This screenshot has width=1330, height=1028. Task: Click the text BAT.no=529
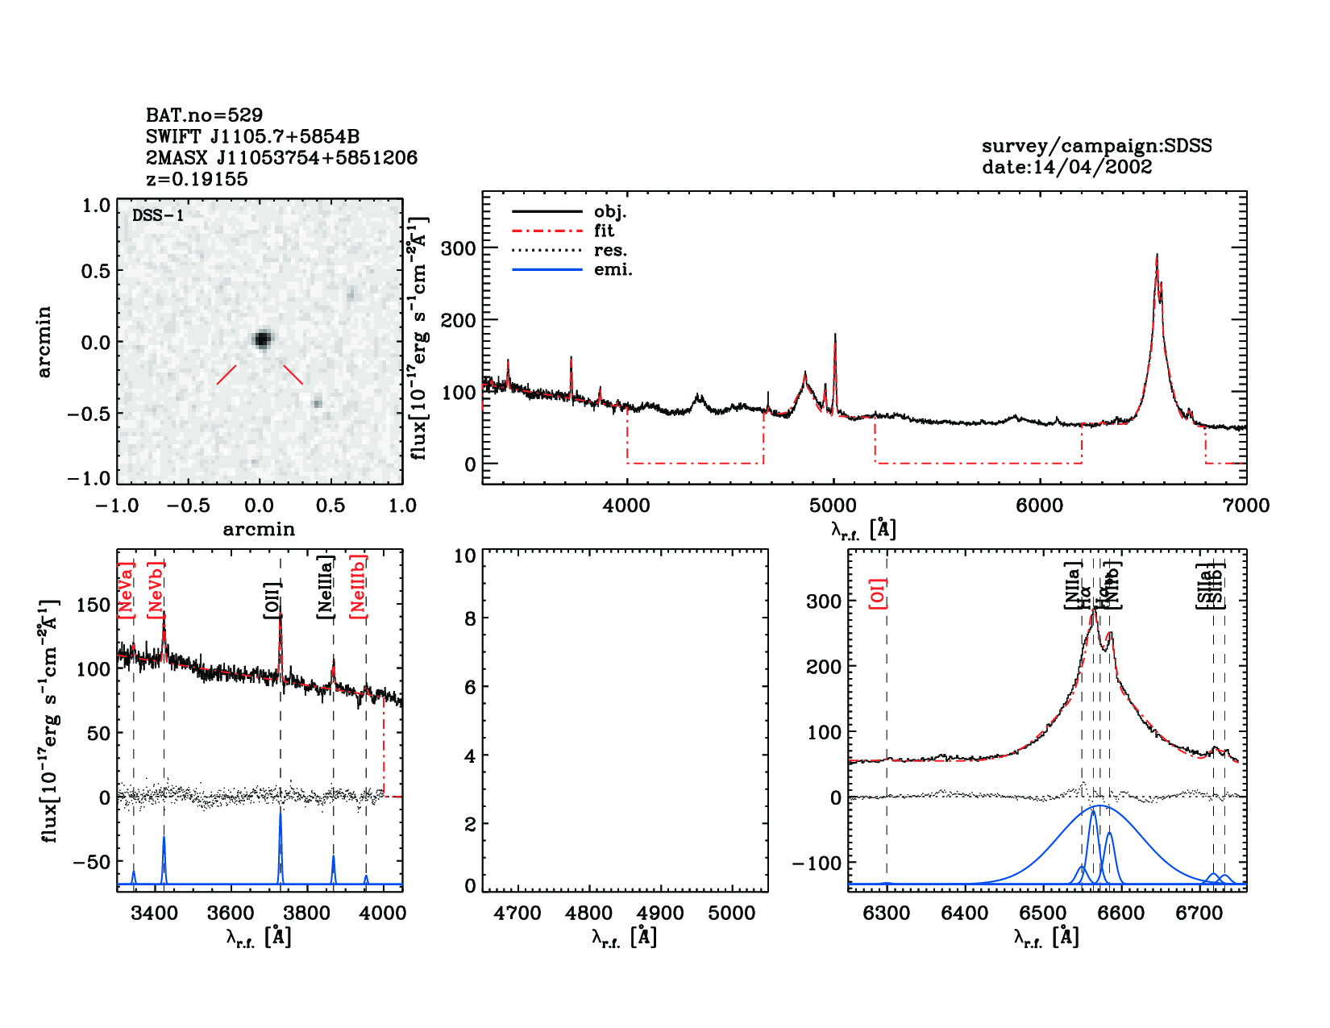pos(204,115)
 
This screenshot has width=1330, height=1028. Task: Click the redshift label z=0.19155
pos(197,179)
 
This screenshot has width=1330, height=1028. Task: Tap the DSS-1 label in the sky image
pos(158,215)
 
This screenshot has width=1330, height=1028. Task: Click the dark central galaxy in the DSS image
pos(261,339)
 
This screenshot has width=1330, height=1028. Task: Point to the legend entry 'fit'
pos(604,231)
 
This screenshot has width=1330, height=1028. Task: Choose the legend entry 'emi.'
pos(613,270)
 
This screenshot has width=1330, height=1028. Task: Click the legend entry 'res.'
pos(610,251)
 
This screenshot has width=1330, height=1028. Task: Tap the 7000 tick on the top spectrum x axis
pos(1246,506)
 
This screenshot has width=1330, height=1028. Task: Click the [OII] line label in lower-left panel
pos(272,600)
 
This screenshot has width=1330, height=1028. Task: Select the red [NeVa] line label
pos(126,590)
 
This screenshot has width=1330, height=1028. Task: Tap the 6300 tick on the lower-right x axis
pos(886,914)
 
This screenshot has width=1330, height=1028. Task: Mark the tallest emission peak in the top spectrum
pos(1157,256)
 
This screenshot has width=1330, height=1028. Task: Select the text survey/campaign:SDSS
pos(1096,146)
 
